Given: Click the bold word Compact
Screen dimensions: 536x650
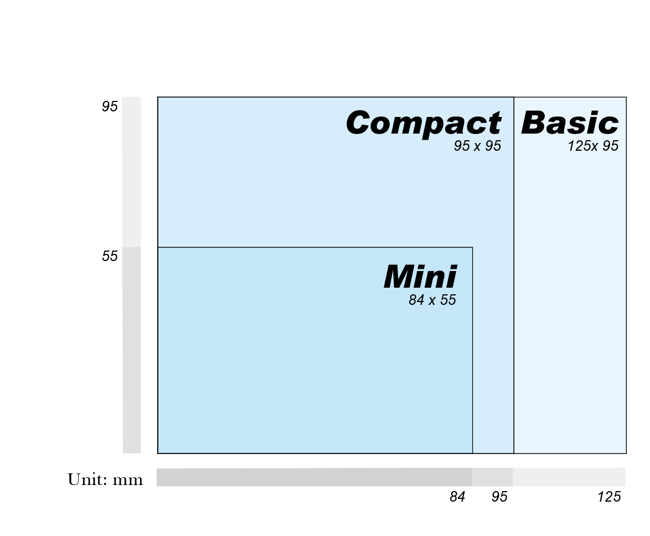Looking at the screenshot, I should pyautogui.click(x=424, y=123).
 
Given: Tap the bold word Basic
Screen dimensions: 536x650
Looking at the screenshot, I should pyautogui.click(x=570, y=123).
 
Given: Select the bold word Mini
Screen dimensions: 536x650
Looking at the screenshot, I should pyautogui.click(x=421, y=277).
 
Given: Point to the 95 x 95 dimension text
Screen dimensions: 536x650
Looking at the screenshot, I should pyautogui.click(x=477, y=146).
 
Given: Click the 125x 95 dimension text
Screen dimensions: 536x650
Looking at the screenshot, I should pyautogui.click(x=593, y=146).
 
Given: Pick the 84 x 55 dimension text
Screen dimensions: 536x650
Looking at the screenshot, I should pyautogui.click(x=432, y=300).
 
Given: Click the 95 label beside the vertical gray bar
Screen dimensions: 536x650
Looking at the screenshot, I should pyautogui.click(x=110, y=106).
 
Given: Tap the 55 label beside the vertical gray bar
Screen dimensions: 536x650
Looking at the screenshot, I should pyautogui.click(x=110, y=256).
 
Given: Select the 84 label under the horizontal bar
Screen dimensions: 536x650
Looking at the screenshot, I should pyautogui.click(x=457, y=497).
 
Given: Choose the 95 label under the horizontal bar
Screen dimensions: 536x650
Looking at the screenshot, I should pyautogui.click(x=499, y=497).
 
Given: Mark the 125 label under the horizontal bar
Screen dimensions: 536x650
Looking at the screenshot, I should pyautogui.click(x=609, y=497).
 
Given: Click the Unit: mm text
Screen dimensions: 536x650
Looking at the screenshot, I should pyautogui.click(x=105, y=479).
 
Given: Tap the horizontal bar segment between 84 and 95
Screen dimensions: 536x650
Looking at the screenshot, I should pyautogui.click(x=492, y=477).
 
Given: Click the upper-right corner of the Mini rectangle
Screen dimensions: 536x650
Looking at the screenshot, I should pyautogui.click(x=472, y=247).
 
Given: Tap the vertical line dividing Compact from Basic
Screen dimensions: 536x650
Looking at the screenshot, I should pyautogui.click(x=514, y=277).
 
